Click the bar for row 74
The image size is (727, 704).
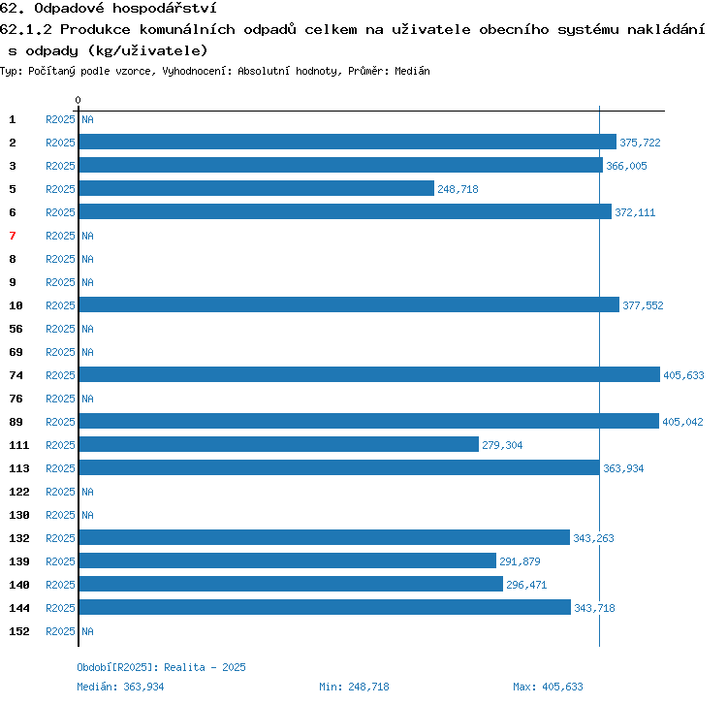coord(369,374)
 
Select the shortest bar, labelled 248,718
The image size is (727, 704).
coord(257,188)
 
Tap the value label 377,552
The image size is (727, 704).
coord(643,305)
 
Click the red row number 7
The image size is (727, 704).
coord(13,236)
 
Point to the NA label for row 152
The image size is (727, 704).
coord(87,631)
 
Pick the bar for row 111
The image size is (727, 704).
coord(278,444)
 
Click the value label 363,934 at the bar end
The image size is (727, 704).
coord(623,468)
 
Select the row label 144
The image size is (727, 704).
coord(19,608)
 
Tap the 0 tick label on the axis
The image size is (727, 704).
coord(78,100)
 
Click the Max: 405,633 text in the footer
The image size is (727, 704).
coord(548,687)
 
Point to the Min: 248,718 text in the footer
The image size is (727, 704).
coord(354,687)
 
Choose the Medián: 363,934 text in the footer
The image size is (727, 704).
coord(120,687)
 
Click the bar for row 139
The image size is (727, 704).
coord(288,560)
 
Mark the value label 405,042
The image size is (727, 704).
coord(682,422)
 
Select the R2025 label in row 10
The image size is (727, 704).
coord(60,305)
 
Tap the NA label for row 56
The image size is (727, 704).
coord(87,329)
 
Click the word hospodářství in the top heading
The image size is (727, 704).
coord(165,9)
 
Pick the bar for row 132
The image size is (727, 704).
coord(325,537)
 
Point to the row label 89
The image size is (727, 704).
coord(16,422)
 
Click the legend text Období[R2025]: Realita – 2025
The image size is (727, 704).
coord(161,667)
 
